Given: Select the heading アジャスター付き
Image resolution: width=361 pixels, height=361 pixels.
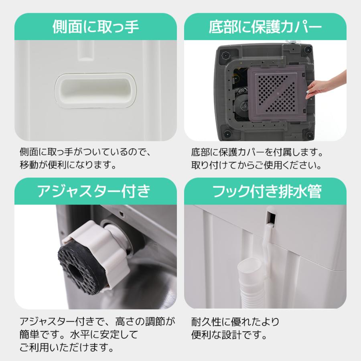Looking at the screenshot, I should [95, 191].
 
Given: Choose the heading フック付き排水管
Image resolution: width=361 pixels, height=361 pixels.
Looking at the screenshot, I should [265, 191].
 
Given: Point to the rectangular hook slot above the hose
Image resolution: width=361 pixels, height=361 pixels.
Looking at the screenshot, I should [271, 217].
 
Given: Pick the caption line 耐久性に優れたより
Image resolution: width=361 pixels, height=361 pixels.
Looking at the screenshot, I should [235, 322].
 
